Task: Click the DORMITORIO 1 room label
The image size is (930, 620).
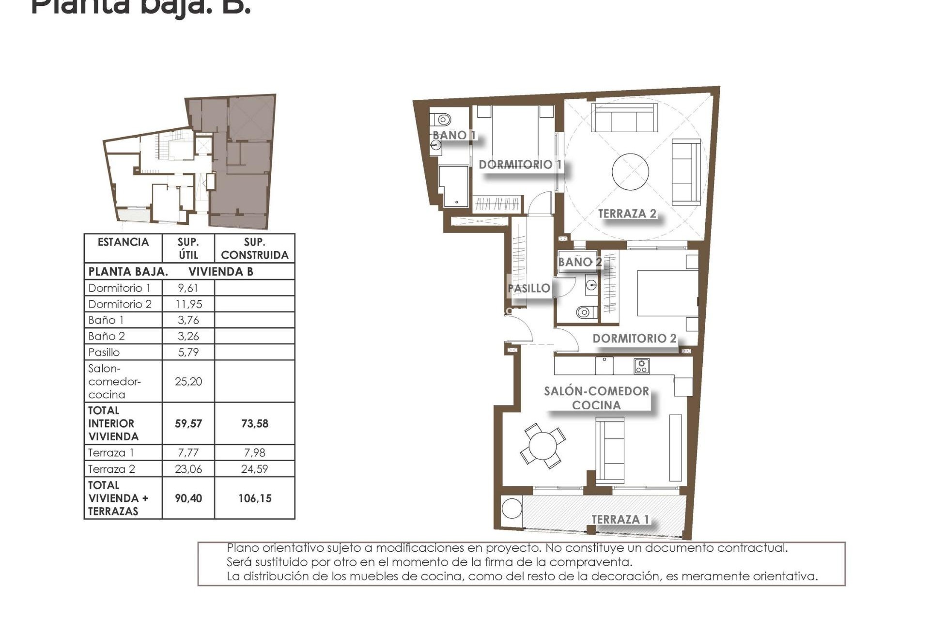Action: [x=520, y=164]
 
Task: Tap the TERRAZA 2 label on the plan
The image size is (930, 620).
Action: [x=627, y=214]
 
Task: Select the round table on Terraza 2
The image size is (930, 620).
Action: [x=630, y=172]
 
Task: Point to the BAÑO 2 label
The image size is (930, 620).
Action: [x=579, y=262]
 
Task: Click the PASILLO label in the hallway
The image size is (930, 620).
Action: [x=528, y=288]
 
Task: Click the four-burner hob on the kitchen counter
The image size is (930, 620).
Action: [x=641, y=366]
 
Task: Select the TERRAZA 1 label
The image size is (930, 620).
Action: [x=620, y=519]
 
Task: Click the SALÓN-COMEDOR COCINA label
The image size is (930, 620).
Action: [x=596, y=398]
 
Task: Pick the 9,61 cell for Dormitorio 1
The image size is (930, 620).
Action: [x=188, y=288]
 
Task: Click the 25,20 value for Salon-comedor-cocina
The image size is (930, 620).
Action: [x=188, y=381]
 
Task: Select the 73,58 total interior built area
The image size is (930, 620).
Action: [x=254, y=423]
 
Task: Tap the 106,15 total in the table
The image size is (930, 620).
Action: [x=254, y=498]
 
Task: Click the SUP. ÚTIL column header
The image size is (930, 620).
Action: [x=188, y=248]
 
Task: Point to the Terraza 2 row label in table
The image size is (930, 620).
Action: [x=111, y=469]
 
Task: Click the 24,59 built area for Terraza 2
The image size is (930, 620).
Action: [x=254, y=469]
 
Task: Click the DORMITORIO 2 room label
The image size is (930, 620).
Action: [x=634, y=339]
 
